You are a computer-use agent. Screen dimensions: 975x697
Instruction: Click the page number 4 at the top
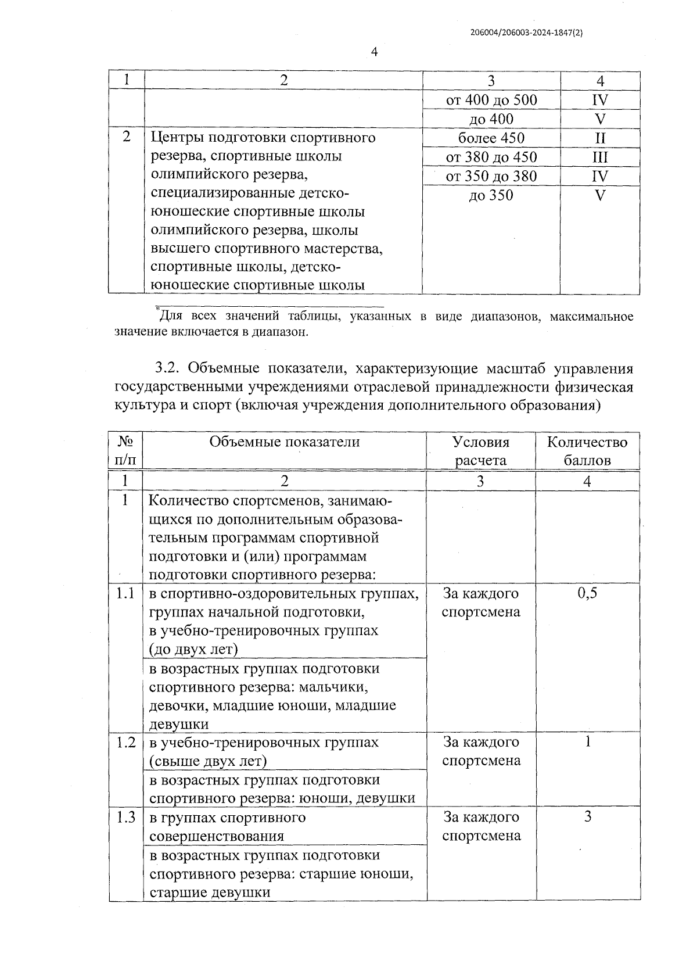point(374,52)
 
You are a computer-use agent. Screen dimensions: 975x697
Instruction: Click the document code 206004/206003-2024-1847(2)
point(526,33)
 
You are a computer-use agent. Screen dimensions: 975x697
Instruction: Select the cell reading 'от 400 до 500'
point(491,100)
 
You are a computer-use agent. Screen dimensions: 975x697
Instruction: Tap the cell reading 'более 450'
point(491,138)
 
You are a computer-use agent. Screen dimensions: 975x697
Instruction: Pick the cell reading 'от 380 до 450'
point(491,157)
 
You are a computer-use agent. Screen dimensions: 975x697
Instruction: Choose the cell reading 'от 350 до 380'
point(491,177)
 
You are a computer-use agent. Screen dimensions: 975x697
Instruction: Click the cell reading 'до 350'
point(491,196)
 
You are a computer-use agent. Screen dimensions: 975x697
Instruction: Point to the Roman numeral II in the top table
point(600,138)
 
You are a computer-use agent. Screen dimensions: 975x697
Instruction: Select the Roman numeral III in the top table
point(600,157)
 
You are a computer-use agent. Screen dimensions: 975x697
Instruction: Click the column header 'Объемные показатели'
point(285,442)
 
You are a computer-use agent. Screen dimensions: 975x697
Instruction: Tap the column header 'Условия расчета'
point(481,451)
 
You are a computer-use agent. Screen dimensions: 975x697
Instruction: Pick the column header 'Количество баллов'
point(587,451)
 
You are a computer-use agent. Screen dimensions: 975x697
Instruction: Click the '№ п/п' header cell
point(125,451)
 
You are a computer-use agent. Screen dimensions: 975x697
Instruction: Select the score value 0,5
point(588,593)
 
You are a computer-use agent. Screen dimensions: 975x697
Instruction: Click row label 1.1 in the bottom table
point(125,593)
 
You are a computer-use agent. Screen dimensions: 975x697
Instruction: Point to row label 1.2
point(125,743)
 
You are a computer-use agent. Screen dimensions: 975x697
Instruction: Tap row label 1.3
point(125,818)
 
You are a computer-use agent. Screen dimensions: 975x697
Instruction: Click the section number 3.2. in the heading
point(168,369)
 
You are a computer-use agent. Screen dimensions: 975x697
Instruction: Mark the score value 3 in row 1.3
point(588,817)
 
